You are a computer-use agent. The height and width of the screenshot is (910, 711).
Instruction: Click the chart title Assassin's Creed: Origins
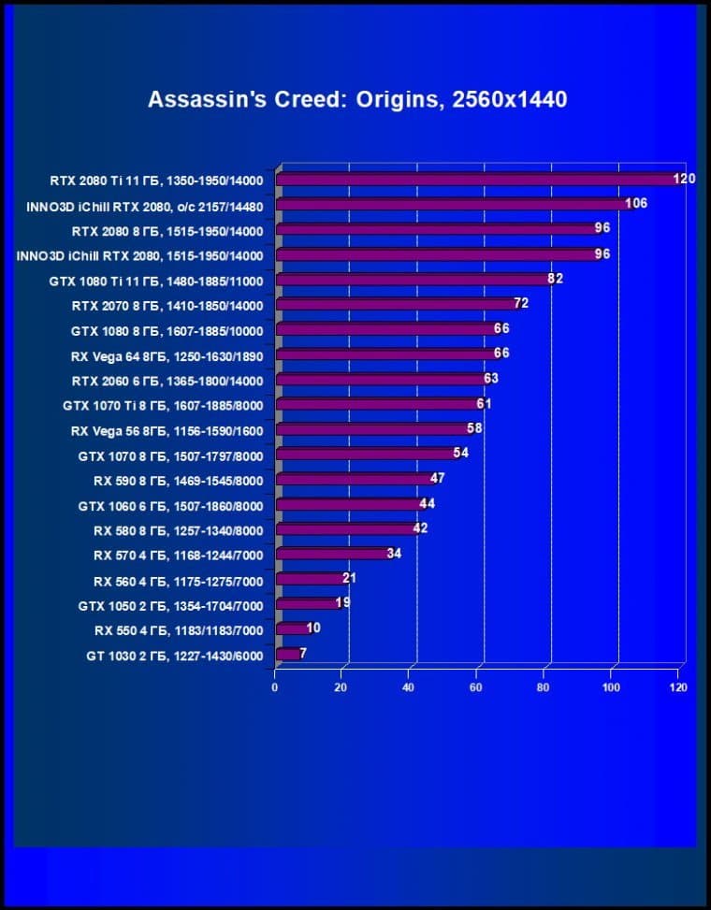(356, 99)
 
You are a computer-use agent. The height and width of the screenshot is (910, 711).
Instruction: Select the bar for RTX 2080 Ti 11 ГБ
(477, 180)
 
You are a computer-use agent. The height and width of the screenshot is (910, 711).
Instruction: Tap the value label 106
(636, 203)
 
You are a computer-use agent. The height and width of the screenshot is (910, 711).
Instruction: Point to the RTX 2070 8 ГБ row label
(167, 305)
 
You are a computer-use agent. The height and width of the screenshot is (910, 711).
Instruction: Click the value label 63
(490, 379)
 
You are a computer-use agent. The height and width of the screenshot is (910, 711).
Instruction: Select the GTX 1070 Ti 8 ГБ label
(163, 405)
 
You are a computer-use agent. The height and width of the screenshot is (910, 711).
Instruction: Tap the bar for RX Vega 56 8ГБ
(374, 429)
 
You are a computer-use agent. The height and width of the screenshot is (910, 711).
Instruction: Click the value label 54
(460, 454)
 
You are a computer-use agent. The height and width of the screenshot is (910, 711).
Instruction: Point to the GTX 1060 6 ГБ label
(170, 506)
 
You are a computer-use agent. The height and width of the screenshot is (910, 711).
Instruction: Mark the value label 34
(394, 554)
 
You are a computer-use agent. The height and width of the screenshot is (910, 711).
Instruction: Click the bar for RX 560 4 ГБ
(312, 579)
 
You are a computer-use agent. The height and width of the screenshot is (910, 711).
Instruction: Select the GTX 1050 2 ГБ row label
(170, 606)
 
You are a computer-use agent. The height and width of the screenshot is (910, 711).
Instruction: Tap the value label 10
(312, 628)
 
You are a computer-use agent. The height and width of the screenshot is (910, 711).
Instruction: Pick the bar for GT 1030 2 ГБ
(288, 654)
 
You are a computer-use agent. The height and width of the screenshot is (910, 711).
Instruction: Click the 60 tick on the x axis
(477, 687)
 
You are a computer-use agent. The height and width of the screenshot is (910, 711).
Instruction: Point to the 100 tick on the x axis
(611, 687)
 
